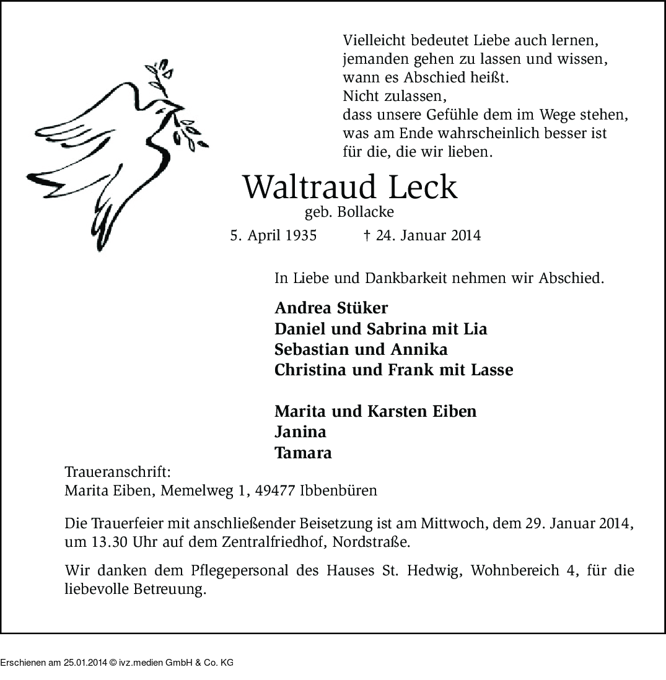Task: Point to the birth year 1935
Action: (x=299, y=235)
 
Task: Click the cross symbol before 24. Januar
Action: (x=366, y=235)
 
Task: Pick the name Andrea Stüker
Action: (x=331, y=308)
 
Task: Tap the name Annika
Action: (x=419, y=349)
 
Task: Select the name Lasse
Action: (x=492, y=370)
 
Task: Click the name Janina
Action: (x=300, y=432)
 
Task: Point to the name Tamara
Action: (x=303, y=453)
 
